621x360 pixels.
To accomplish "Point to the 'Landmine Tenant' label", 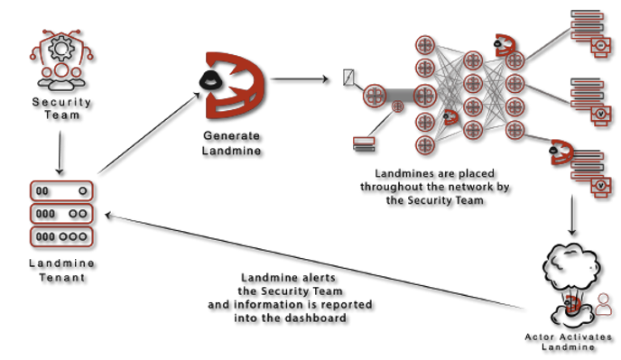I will pyautogui.click(x=60, y=270).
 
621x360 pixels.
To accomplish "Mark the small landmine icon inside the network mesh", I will pyautogui.click(x=449, y=117).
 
